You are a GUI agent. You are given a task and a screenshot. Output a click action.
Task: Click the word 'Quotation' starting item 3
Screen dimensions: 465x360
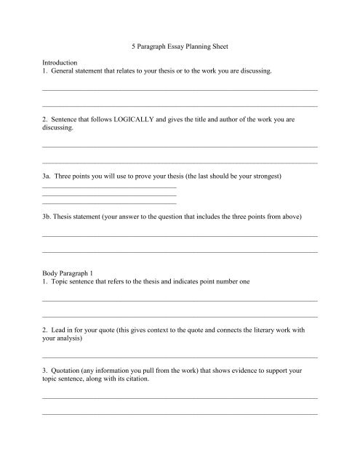click(x=71, y=371)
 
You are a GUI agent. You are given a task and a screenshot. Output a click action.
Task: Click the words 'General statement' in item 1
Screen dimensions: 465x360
click(x=84, y=73)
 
